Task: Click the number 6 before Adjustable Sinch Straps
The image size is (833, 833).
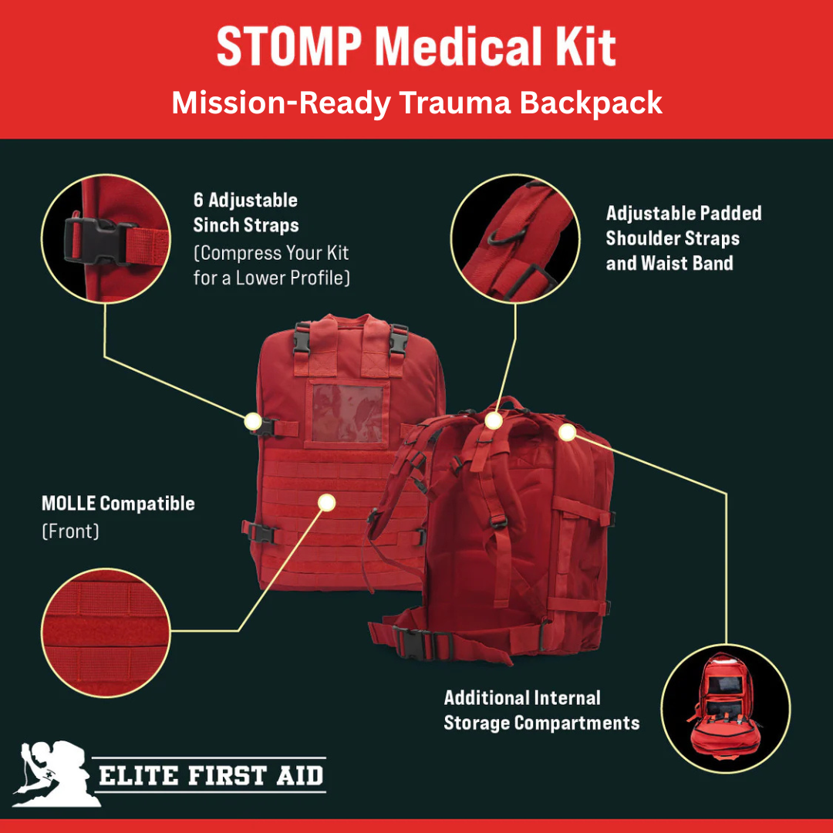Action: coord(198,201)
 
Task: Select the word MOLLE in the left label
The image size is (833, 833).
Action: coord(69,504)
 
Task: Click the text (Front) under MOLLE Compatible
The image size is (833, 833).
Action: coord(70,531)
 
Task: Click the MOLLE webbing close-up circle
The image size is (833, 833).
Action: coord(106,634)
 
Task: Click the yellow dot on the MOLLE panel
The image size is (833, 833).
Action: coord(327,502)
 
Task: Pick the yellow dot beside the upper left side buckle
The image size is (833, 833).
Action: coord(252,421)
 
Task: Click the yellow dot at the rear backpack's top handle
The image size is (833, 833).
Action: coord(494,420)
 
